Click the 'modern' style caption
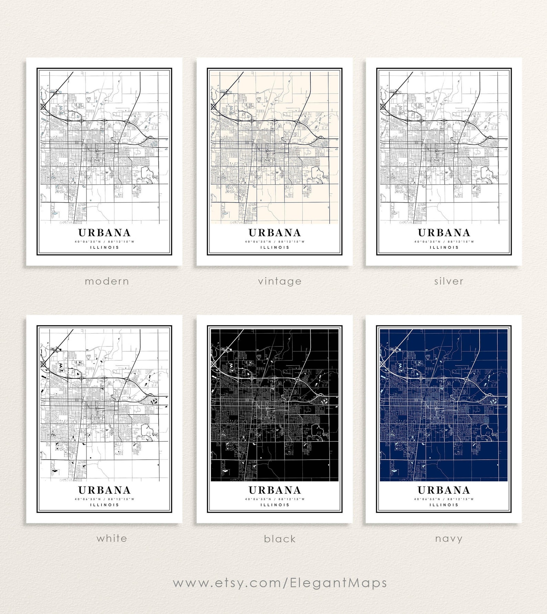107,281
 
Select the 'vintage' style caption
280,281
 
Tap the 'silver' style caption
448,281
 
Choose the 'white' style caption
112,538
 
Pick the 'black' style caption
280,539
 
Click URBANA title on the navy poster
444,490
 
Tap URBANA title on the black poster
275,490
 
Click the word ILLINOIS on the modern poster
104,247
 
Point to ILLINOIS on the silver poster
444,247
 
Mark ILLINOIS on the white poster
104,505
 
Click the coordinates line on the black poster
275,499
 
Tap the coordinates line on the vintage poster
275,242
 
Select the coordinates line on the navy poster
444,499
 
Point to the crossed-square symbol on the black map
213,364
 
